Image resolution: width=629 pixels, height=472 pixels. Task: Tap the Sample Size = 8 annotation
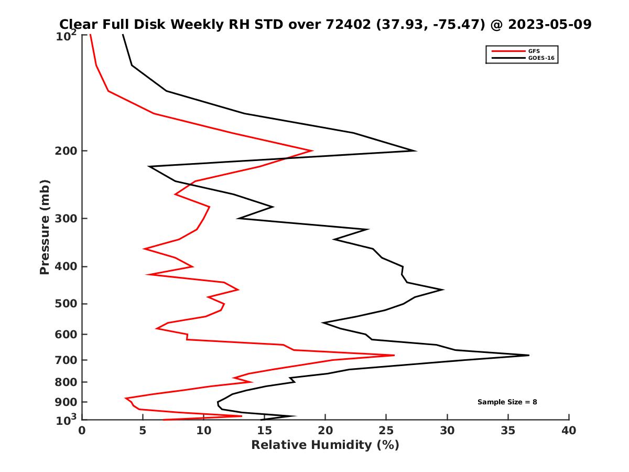point(507,402)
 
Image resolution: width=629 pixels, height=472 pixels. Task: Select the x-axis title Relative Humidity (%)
point(325,445)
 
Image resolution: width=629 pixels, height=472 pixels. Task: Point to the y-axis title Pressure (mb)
point(45,227)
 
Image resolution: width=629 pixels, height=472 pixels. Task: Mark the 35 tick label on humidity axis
point(508,431)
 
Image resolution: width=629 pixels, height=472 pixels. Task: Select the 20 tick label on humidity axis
point(325,431)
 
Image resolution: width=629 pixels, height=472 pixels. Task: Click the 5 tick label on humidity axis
point(143,431)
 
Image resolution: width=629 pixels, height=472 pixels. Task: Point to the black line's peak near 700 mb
point(529,355)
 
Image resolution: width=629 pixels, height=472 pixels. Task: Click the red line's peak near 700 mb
point(394,355)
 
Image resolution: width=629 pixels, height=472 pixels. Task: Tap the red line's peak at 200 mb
point(313,151)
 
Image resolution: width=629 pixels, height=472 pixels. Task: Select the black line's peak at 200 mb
point(416,151)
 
